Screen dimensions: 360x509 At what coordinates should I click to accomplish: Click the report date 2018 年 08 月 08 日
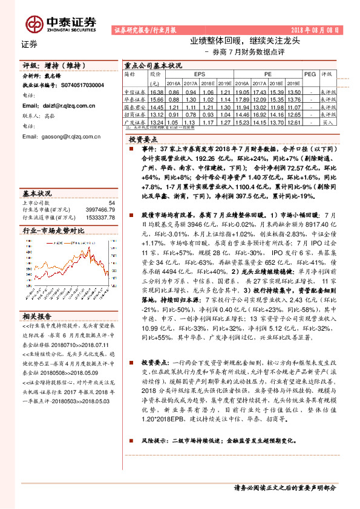(316, 30)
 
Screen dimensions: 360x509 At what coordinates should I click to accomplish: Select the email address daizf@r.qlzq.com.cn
(66, 106)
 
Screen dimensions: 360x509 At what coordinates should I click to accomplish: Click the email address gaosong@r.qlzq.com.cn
(70, 137)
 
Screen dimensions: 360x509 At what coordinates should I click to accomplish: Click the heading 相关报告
(37, 316)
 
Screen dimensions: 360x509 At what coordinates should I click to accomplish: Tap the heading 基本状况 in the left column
(38, 193)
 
